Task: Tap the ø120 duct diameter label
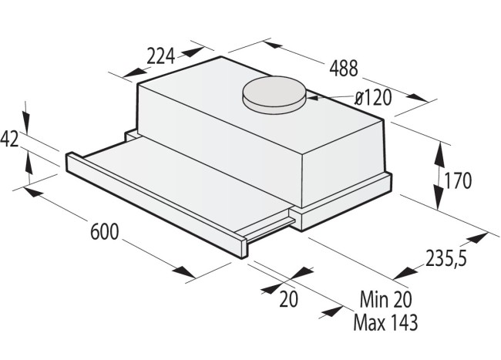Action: tap(373, 98)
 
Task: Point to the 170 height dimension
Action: tap(458, 181)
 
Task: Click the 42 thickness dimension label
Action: tap(10, 139)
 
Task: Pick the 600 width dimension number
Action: tap(105, 231)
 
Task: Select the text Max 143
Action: tap(385, 322)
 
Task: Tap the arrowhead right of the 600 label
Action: tap(186, 273)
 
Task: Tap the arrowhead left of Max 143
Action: tap(333, 312)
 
